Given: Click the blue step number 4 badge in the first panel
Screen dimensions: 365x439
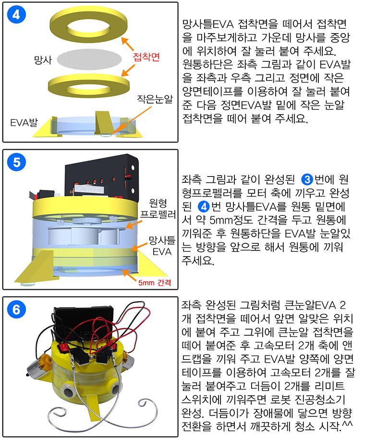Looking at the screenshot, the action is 16,14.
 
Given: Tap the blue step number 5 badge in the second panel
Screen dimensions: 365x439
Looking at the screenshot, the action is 16,162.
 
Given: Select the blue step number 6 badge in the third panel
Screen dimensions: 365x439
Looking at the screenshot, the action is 16,309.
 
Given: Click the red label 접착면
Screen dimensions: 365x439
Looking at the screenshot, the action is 146,57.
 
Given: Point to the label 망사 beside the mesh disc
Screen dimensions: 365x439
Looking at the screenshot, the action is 43,59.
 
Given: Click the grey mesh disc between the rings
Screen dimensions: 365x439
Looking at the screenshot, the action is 89,59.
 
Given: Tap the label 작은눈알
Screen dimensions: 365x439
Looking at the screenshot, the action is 155,99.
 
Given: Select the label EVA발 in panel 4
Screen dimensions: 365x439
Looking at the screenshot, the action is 24,122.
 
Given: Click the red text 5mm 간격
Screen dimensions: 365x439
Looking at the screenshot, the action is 155,282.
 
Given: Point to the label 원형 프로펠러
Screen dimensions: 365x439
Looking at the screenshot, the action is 158,208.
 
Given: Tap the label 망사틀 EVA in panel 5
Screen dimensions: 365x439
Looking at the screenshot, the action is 162,246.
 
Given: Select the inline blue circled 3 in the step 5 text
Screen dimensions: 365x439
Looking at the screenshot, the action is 307,179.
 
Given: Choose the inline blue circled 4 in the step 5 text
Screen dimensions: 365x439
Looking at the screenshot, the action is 204,207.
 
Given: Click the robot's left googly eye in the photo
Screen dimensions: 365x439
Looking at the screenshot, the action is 67,389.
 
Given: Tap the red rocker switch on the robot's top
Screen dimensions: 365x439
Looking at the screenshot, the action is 64,348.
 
